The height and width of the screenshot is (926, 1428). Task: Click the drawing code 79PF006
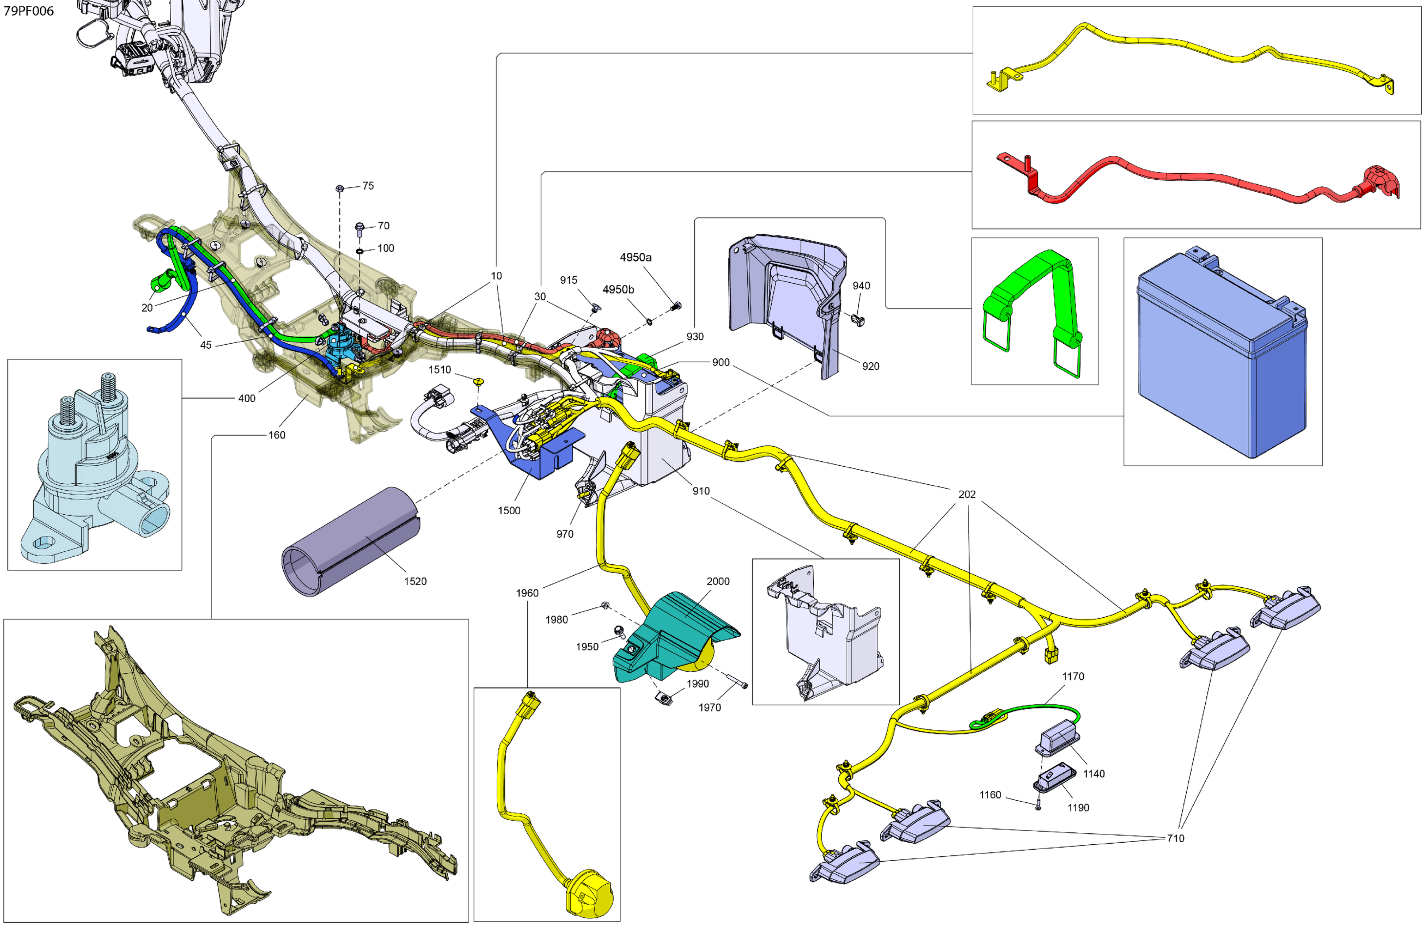point(29,11)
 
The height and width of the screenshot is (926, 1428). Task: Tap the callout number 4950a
point(636,258)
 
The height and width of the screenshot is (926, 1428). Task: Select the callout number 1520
point(415,581)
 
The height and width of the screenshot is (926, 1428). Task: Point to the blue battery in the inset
point(1221,360)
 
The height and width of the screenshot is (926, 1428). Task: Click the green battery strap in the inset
point(1032,300)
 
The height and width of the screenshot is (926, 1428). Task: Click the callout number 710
point(1175,838)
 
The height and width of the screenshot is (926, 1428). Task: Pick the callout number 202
point(967,495)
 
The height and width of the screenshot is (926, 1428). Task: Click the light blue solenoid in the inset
point(96,468)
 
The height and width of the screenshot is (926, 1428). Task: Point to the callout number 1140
point(1093,773)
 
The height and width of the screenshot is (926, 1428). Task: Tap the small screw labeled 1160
point(1039,807)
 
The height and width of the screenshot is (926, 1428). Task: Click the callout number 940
point(861,285)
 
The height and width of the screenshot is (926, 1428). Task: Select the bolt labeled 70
point(359,228)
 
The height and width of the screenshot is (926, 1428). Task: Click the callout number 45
point(206,345)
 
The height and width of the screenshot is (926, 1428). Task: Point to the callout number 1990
point(698,684)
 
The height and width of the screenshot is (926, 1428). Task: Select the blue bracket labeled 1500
point(534,450)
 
